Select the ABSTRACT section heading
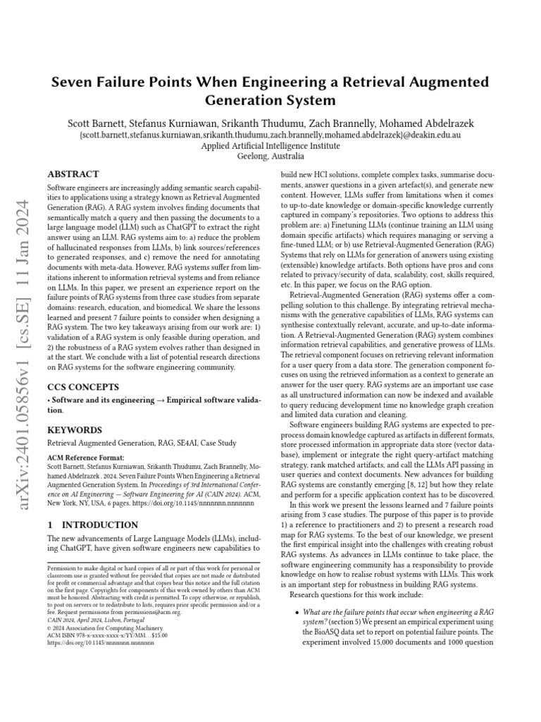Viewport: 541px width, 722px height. tap(73, 173)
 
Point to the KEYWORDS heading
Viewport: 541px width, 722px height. tap(74, 430)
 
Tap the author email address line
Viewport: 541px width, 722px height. tap(270, 135)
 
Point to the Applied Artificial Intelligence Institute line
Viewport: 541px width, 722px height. tap(270, 146)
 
